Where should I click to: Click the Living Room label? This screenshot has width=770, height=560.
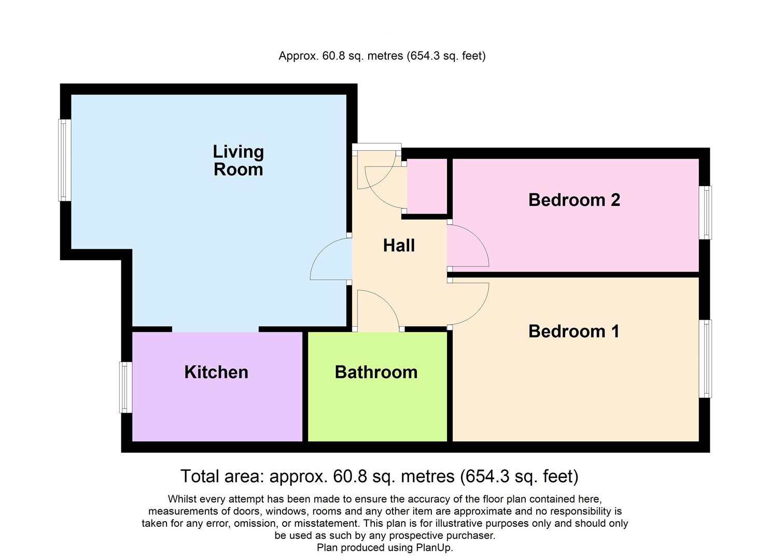[238, 160]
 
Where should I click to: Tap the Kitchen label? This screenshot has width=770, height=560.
[216, 372]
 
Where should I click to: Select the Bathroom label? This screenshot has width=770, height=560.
[376, 372]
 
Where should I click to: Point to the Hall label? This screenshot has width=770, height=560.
[399, 245]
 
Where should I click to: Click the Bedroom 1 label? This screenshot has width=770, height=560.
[573, 331]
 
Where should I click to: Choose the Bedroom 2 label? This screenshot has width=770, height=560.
[574, 200]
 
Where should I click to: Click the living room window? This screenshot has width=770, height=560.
[64, 160]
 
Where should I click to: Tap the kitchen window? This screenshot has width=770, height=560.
[125, 387]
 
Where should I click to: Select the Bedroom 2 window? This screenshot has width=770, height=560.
[705, 213]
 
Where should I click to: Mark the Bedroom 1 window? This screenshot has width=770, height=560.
[705, 359]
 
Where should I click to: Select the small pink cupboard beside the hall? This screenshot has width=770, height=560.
[427, 187]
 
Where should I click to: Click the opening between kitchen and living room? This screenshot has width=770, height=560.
[215, 329]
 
